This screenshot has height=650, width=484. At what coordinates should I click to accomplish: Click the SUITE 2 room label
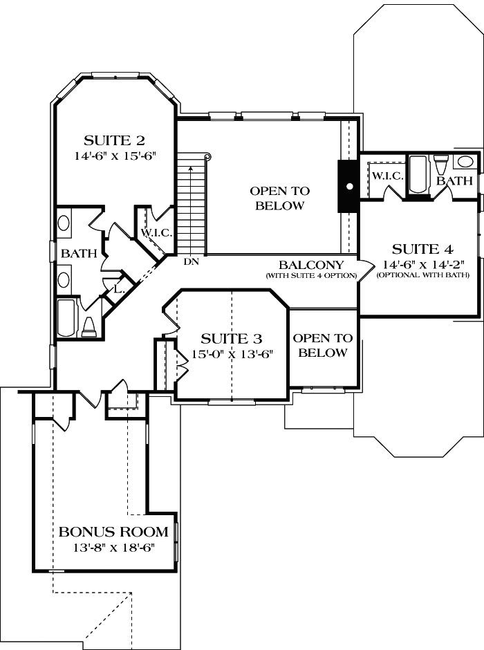pos(113,138)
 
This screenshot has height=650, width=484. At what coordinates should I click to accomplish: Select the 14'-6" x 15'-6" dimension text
pos(113,156)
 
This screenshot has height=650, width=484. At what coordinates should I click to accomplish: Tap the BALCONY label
pos(310,265)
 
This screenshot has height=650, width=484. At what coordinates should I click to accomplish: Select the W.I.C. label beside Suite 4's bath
pos(387,176)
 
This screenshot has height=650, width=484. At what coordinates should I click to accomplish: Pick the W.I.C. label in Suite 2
pos(156,232)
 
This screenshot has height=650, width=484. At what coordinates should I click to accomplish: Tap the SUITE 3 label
pos(231,338)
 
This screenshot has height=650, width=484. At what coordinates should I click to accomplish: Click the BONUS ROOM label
pos(113,532)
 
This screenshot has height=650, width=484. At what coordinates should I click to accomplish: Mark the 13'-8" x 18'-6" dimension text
pos(113,548)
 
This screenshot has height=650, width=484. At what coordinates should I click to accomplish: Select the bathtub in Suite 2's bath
pos(67,317)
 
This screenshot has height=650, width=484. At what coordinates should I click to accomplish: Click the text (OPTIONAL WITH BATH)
pos(422,275)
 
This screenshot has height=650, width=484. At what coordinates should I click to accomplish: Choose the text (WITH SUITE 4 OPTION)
pos(310,275)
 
